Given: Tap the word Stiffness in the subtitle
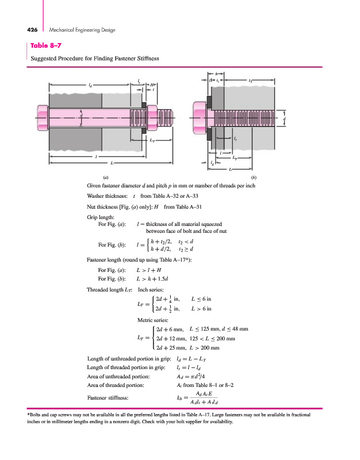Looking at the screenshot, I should pos(146,59).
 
